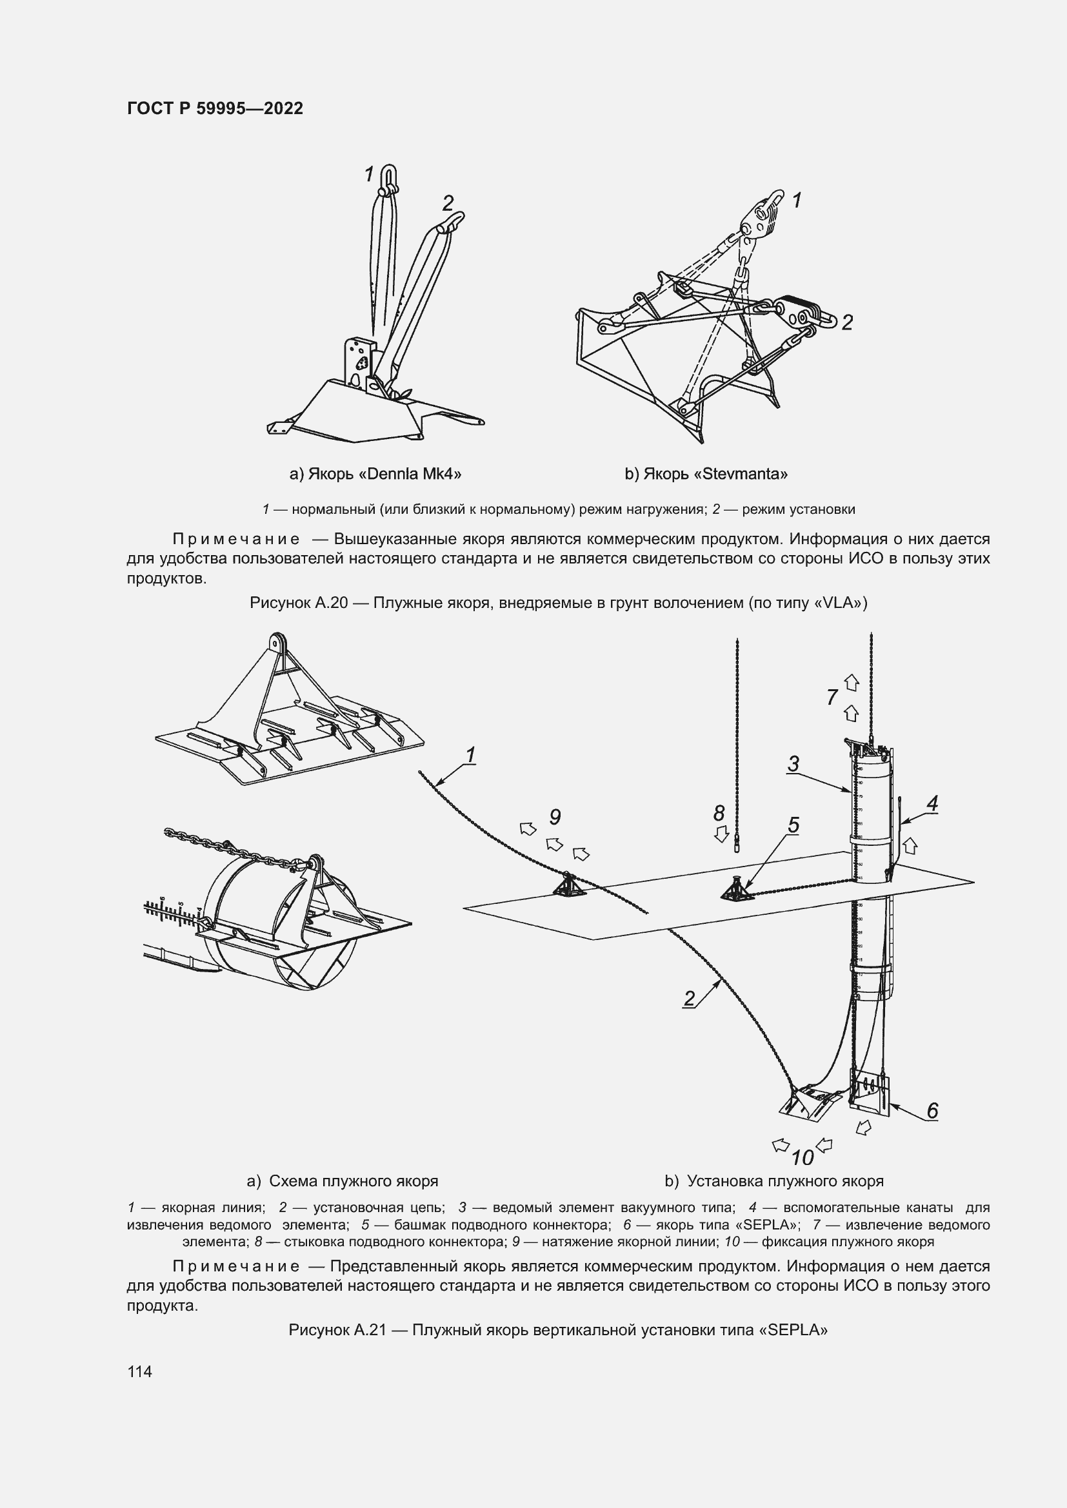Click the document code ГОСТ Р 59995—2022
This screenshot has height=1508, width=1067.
[215, 108]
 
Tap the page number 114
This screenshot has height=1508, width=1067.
[139, 1371]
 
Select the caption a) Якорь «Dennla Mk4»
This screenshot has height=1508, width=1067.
[375, 474]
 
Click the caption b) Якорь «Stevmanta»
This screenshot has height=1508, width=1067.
[706, 474]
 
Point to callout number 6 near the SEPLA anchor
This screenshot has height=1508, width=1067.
[932, 1111]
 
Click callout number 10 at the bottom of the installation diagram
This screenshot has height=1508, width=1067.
[803, 1157]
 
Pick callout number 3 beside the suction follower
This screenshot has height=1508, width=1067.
[793, 764]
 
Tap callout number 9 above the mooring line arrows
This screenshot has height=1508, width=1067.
[555, 817]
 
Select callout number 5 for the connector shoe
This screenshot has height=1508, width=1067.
[793, 825]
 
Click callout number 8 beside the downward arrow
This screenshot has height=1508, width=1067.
[719, 813]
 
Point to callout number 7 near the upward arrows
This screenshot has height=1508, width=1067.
[832, 697]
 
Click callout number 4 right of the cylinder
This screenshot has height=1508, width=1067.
[932, 803]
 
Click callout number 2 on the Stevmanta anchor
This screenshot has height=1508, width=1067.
[847, 322]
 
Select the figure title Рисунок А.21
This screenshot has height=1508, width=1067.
[558, 1330]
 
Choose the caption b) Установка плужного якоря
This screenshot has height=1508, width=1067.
[773, 1181]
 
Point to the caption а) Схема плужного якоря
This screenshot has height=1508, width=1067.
[343, 1181]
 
